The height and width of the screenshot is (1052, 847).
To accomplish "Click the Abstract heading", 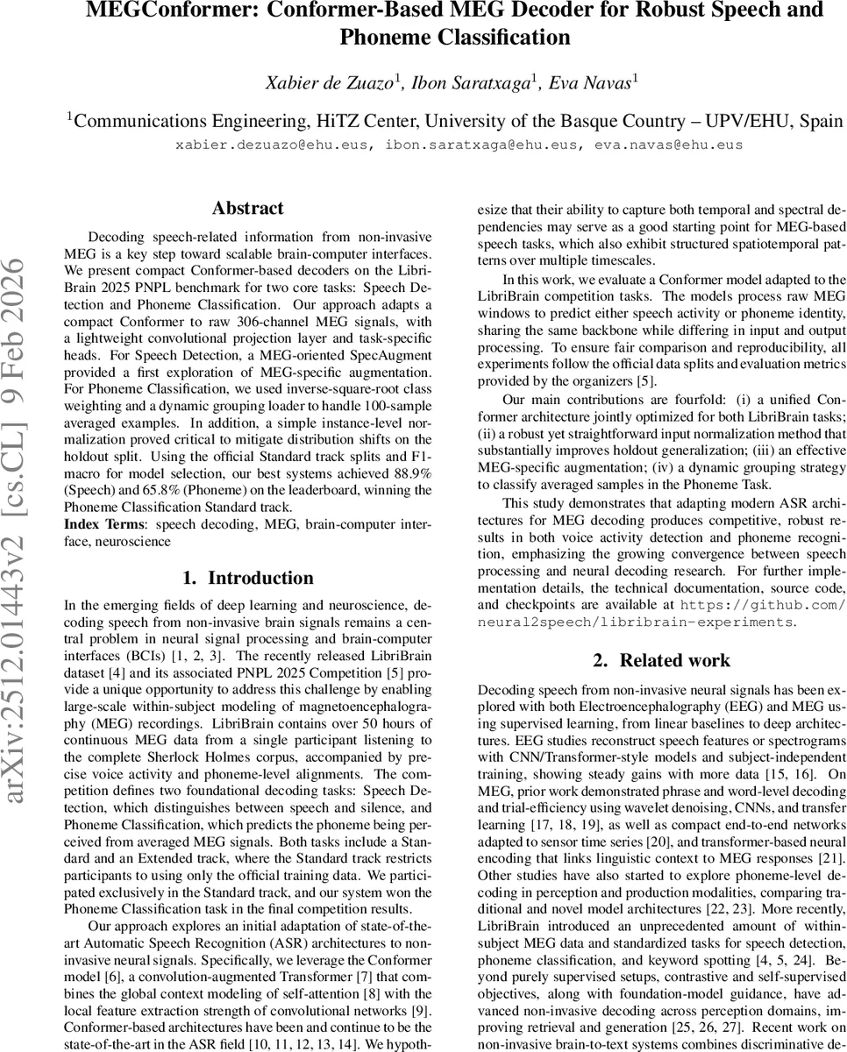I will [x=247, y=209].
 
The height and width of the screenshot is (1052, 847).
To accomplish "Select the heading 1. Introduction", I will [x=247, y=578].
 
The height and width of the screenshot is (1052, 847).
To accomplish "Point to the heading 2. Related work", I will [x=661, y=660].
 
